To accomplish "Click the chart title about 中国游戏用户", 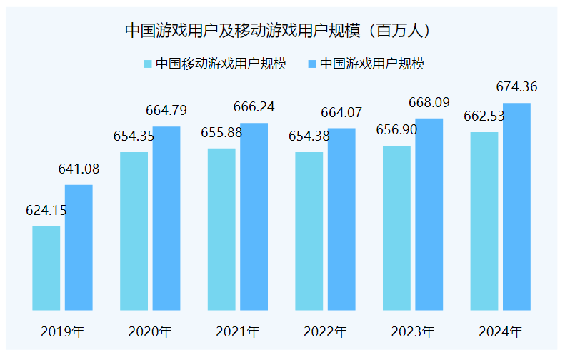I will tap(282, 30).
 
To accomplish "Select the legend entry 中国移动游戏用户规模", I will tap(216, 64).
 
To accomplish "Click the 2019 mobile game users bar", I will tap(46, 268).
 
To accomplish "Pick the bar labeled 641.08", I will tap(79, 247).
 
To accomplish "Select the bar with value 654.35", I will tap(134, 231).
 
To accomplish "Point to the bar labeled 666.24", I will tap(254, 216).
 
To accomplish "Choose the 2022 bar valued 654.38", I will tap(309, 231).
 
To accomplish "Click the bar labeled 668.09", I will tap(429, 214).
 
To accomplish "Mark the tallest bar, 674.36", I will tap(516, 206).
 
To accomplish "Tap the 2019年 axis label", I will tap(63, 332).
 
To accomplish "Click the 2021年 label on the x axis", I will tap(238, 332).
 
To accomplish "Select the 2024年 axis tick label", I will tap(501, 332).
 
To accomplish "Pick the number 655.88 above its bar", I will tap(221, 132).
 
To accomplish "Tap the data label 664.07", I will tap(341, 112).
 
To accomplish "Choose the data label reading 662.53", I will tap(484, 116).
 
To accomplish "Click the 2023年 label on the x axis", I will tap(413, 332).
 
